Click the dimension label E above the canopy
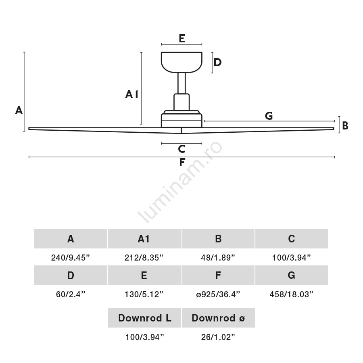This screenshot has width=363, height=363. (181, 39)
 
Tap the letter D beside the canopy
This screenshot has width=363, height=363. (217, 63)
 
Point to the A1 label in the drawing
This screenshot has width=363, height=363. (132, 94)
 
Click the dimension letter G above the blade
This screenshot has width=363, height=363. (269, 116)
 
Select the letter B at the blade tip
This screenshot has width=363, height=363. (345, 126)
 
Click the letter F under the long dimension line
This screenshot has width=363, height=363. (182, 163)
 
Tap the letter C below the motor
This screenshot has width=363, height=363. (181, 149)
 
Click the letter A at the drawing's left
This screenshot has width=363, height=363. (19, 110)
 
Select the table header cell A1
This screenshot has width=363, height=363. (144, 239)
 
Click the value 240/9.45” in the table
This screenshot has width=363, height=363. (71, 258)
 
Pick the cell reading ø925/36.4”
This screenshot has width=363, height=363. (218, 294)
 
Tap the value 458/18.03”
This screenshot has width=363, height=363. (291, 294)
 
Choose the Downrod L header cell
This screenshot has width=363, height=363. (144, 318)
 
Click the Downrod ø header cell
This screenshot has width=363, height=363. (218, 318)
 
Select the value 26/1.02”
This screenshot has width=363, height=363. (218, 337)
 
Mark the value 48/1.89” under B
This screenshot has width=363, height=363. (218, 258)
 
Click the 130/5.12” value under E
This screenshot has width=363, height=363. (144, 294)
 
